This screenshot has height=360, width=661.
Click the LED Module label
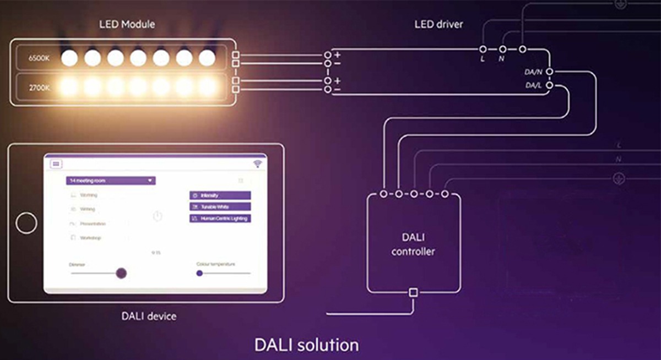[127, 24]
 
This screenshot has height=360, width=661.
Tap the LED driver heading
[439, 24]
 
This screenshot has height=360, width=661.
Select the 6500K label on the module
[39, 57]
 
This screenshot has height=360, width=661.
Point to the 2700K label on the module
[39, 86]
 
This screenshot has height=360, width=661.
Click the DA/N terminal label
[534, 72]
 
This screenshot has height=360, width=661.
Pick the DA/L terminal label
[534, 86]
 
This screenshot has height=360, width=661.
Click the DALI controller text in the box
[413, 245]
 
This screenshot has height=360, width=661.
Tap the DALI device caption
[149, 317]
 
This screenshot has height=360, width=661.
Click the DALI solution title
[306, 345]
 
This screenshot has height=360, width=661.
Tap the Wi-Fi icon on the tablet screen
[257, 163]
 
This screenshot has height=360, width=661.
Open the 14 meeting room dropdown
[111, 181]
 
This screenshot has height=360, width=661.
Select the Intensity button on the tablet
[220, 195]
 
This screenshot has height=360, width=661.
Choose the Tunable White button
[220, 207]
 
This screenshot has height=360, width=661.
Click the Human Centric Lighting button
[220, 219]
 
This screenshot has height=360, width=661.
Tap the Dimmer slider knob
[121, 273]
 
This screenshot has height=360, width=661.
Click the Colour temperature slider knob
[199, 273]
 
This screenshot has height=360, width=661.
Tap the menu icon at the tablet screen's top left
[56, 164]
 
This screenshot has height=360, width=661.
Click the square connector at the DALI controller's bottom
[413, 292]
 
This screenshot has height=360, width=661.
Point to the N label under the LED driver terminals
[501, 59]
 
